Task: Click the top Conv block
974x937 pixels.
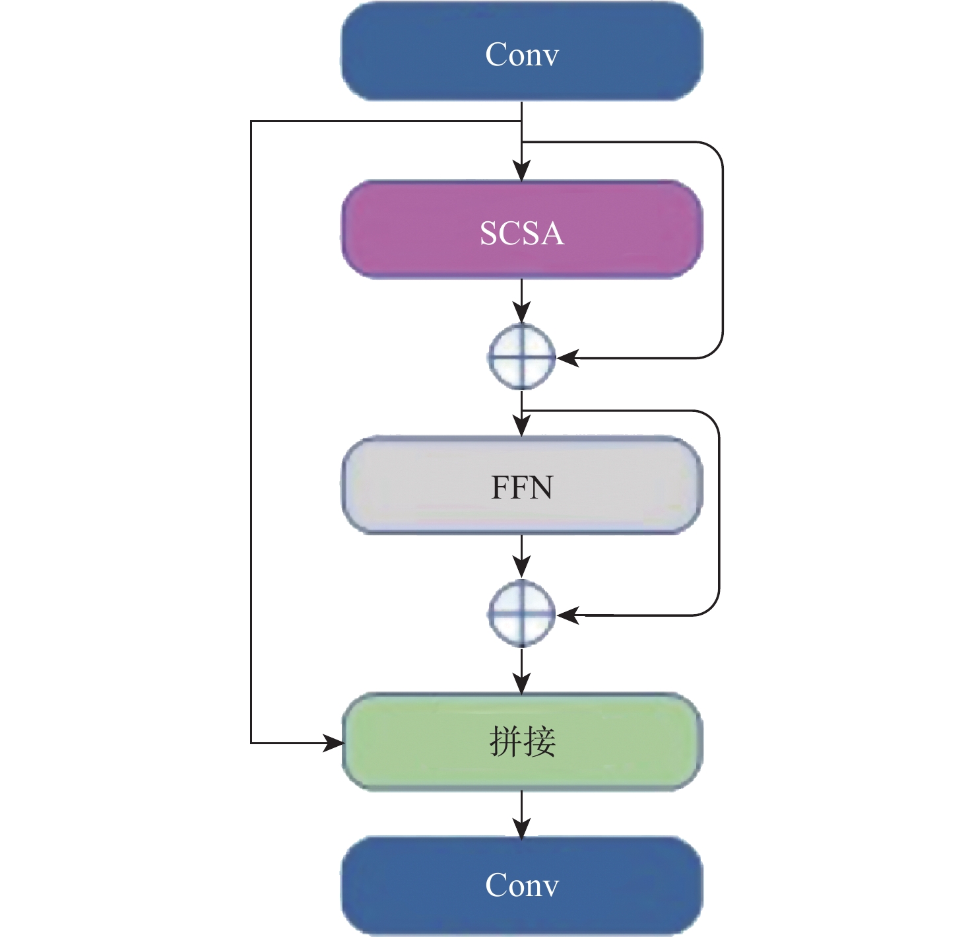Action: pyautogui.click(x=521, y=52)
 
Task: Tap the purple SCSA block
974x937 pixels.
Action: pyautogui.click(x=521, y=230)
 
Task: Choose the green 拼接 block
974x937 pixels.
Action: pyautogui.click(x=521, y=742)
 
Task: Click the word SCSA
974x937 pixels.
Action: pyautogui.click(x=522, y=233)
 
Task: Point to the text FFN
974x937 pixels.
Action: pyautogui.click(x=522, y=487)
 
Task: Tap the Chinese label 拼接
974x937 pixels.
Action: pyautogui.click(x=522, y=742)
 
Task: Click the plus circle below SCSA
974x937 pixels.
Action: pyautogui.click(x=521, y=358)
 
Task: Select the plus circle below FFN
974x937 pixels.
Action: pyautogui.click(x=521, y=614)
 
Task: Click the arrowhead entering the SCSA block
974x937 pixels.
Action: pyautogui.click(x=521, y=171)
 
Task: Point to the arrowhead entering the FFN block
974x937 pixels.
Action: pyautogui.click(x=521, y=426)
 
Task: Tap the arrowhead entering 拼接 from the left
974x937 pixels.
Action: pyautogui.click(x=333, y=743)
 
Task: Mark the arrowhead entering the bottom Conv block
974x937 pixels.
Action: pyautogui.click(x=521, y=827)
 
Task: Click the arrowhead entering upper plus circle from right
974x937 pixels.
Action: pyautogui.click(x=567, y=358)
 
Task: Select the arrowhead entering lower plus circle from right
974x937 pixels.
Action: pyautogui.click(x=567, y=615)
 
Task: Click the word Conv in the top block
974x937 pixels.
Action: pyautogui.click(x=522, y=54)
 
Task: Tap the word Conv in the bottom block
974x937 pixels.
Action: pyautogui.click(x=522, y=885)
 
